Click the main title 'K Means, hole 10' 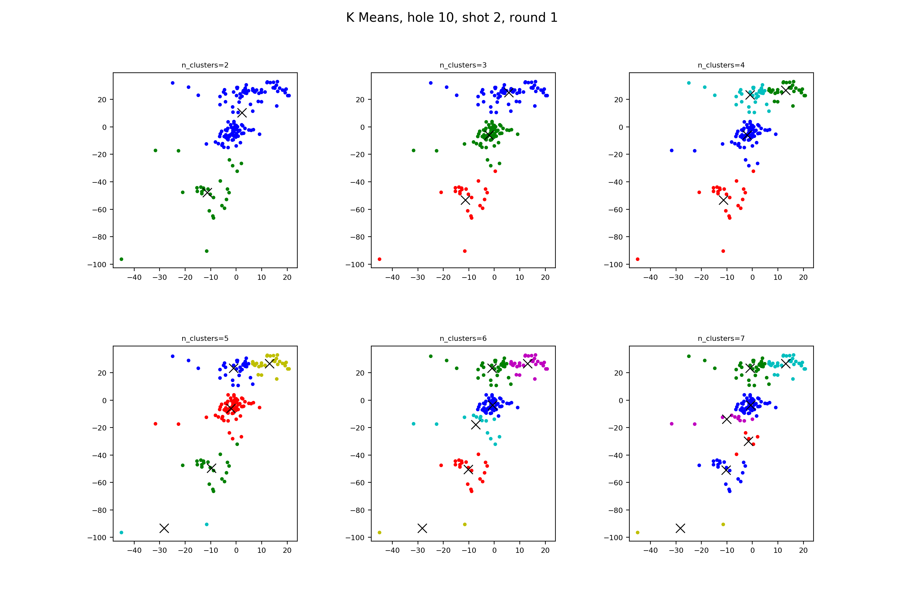pyautogui.click(x=452, y=18)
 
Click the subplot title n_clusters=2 pyautogui.click(x=205, y=65)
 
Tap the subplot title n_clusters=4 pyautogui.click(x=721, y=65)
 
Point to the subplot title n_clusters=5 pyautogui.click(x=205, y=339)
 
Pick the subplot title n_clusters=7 pyautogui.click(x=721, y=339)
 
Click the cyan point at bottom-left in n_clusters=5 pyautogui.click(x=121, y=532)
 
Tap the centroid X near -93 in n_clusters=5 pyautogui.click(x=164, y=528)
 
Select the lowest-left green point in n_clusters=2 pyautogui.click(x=121, y=259)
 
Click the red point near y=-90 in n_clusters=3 pyautogui.click(x=465, y=251)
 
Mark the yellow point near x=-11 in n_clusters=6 pyautogui.click(x=465, y=524)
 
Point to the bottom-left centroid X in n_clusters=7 pyautogui.click(x=680, y=528)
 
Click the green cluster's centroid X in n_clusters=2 pyautogui.click(x=207, y=192)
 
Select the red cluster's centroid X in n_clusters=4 pyautogui.click(x=723, y=200)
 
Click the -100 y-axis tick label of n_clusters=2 pyautogui.click(x=97, y=265)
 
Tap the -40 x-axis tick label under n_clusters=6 pyautogui.click(x=392, y=550)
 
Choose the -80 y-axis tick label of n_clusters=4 pyautogui.click(x=613, y=237)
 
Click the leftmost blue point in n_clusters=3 pyautogui.click(x=431, y=83)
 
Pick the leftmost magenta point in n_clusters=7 pyautogui.click(x=672, y=424)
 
